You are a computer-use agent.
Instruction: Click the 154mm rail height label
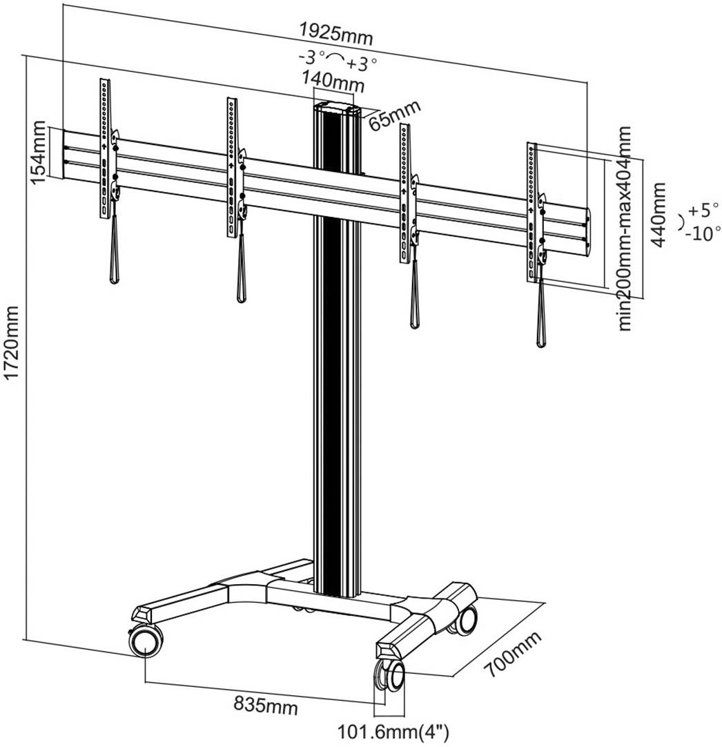(39, 153)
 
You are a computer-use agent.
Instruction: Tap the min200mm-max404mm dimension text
(625, 228)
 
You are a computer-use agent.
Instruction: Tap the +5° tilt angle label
(701, 210)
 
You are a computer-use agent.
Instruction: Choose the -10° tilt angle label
(703, 233)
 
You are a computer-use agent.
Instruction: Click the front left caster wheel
(145, 641)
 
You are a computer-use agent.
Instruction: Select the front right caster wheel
(391, 675)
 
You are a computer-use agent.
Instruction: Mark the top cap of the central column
(338, 108)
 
